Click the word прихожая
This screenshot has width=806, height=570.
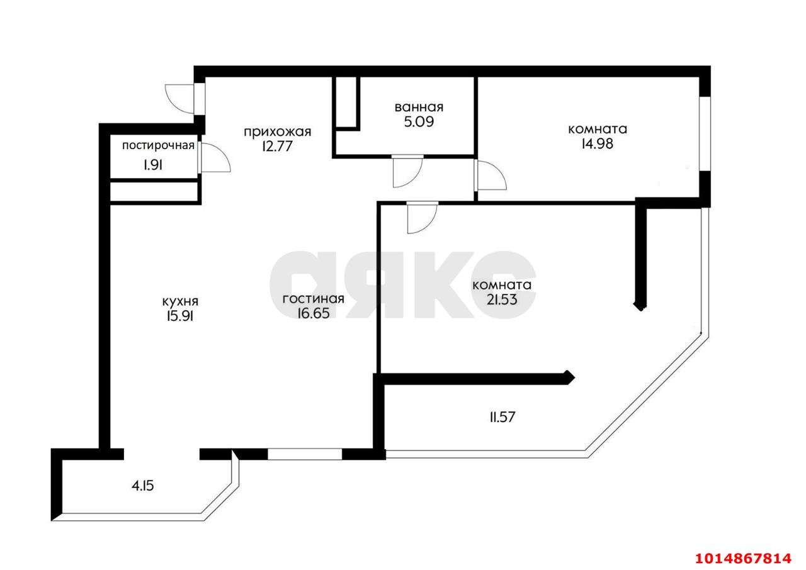[278, 132]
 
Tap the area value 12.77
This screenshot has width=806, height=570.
[277, 146]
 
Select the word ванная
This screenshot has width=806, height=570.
[419, 107]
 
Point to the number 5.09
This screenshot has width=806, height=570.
[419, 122]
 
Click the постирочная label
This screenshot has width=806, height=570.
[158, 145]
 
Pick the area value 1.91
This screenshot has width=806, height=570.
[153, 165]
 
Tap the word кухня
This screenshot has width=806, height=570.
[180, 301]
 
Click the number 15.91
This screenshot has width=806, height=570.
[180, 316]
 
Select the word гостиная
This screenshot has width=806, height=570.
[314, 299]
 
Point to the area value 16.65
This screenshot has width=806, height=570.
[314, 313]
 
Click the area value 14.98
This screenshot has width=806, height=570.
[598, 143]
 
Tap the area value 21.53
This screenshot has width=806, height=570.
[502, 299]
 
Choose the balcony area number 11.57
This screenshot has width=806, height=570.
[502, 417]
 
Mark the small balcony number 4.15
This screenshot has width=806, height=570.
[143, 486]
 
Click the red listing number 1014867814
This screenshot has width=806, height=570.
[744, 558]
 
